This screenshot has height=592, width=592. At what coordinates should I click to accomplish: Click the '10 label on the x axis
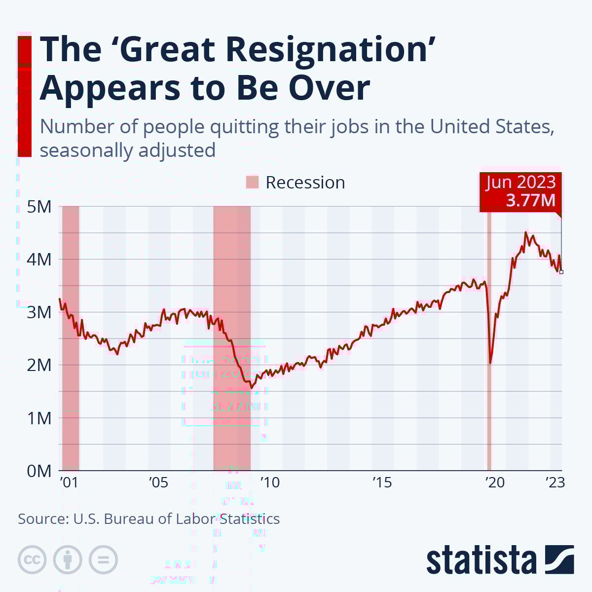point(269,482)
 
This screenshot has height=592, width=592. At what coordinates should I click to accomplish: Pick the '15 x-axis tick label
point(381,482)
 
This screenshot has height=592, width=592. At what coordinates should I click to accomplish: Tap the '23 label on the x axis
point(555,482)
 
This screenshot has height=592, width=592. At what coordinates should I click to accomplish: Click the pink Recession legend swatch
point(252,182)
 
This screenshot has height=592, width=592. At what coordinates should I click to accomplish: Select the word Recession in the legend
point(305,183)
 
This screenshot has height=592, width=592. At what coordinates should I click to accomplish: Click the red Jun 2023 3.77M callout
point(520,191)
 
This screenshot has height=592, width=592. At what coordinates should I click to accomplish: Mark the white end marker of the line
point(561,272)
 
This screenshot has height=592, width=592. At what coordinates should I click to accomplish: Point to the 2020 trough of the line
point(490,363)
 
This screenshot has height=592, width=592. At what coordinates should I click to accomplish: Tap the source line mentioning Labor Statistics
point(148,519)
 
